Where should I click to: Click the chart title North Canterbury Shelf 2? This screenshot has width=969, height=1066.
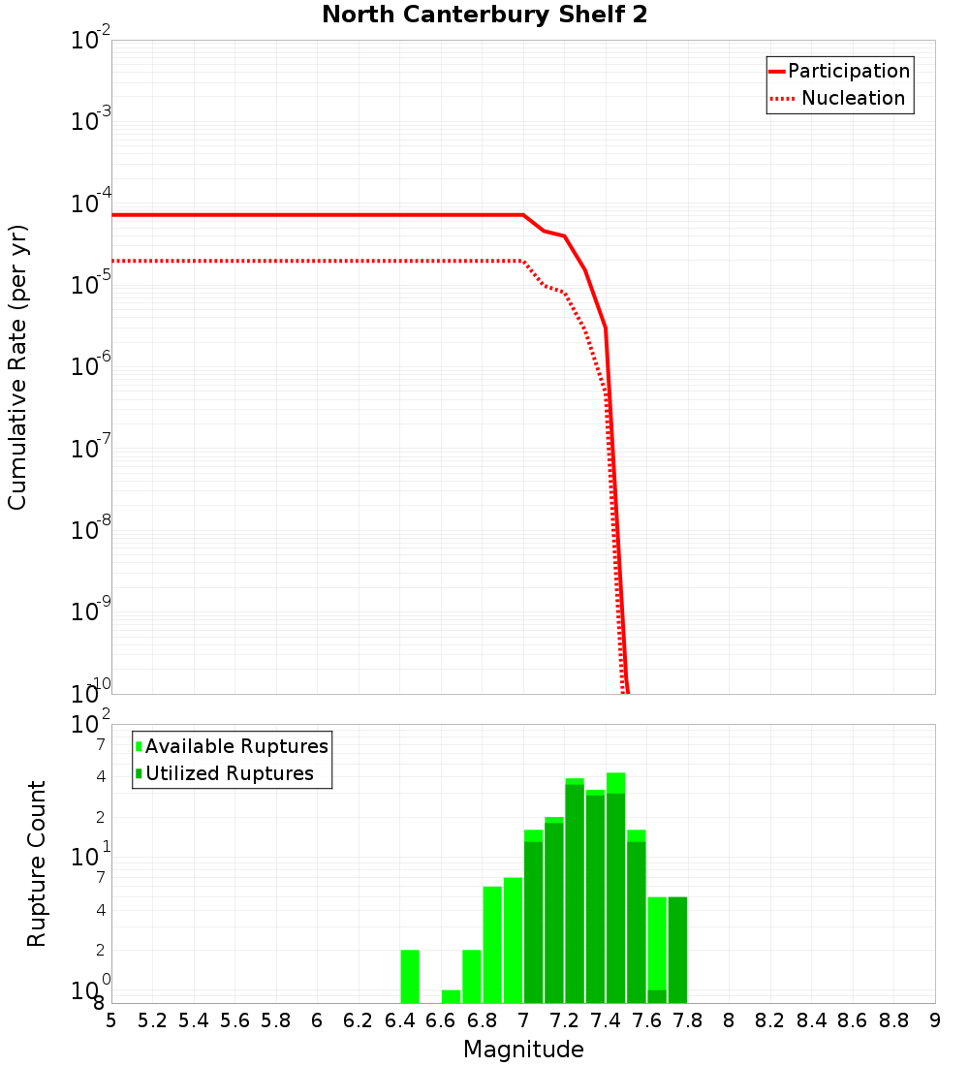pos(484,15)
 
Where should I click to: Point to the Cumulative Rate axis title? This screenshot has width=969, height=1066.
pos(17,366)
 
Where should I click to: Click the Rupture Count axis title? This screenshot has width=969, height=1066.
pos(37,862)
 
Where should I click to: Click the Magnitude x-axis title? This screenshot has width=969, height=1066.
pos(523,1050)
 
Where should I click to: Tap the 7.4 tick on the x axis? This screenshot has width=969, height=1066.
pos(606,1020)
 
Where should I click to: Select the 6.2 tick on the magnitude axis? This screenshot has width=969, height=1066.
pos(359,1020)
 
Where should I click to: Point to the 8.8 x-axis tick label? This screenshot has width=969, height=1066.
pos(893,1020)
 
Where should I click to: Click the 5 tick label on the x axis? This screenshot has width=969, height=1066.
pos(111,1020)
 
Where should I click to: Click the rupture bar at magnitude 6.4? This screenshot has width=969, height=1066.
pos(410,977)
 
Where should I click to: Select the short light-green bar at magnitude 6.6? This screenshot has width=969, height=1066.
pos(451,996)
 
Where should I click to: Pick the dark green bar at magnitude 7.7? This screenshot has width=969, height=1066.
pos(677,950)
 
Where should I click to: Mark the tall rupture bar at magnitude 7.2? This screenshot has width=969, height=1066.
pos(575,892)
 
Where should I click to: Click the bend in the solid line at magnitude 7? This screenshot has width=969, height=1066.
pos(523,215)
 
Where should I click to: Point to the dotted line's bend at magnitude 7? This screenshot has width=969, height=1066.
pos(523,262)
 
